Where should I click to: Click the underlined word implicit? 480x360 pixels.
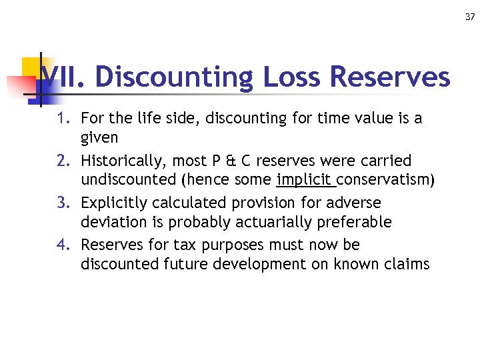[305, 179]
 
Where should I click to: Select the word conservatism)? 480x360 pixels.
[385, 179]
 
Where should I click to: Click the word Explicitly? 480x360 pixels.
[112, 202]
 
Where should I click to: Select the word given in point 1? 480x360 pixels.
[99, 138]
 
